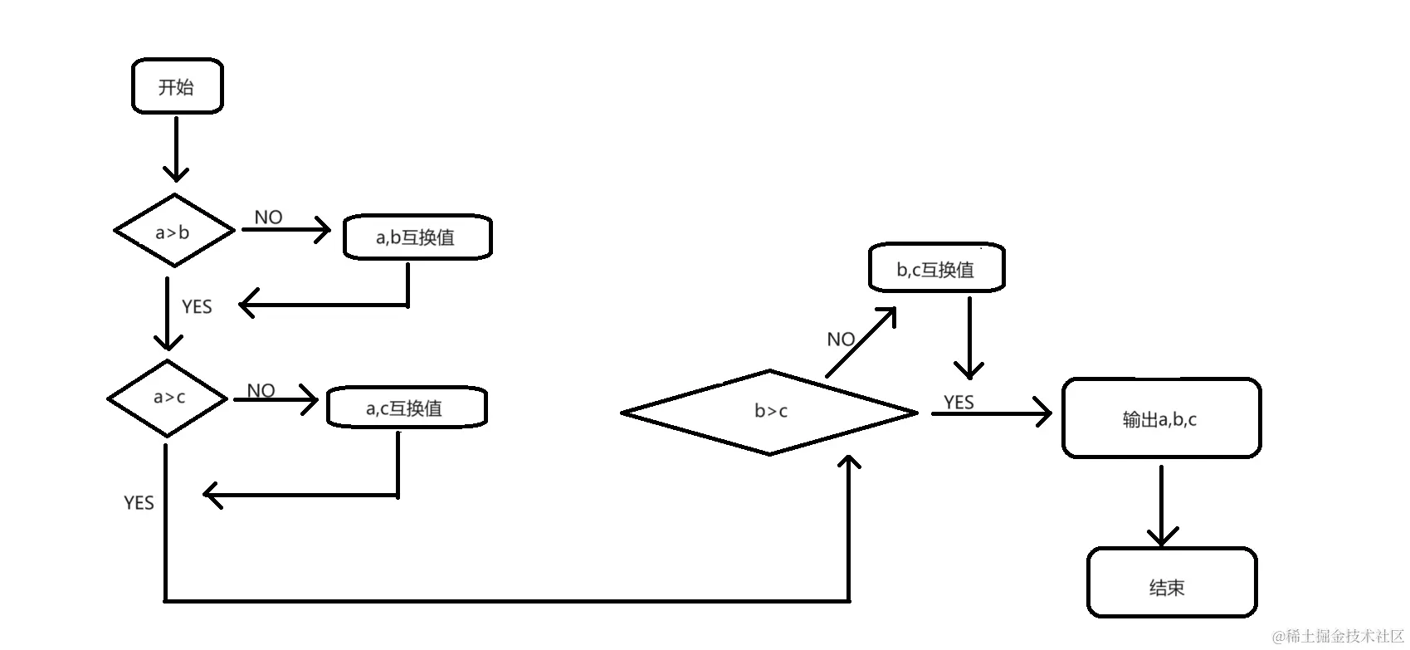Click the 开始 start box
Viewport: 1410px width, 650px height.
click(177, 86)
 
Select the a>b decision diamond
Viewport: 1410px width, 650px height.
click(173, 231)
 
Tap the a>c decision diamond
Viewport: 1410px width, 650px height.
click(168, 398)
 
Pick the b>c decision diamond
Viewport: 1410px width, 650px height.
click(769, 412)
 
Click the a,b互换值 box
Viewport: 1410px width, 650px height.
click(417, 238)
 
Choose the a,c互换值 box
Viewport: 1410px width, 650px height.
click(406, 408)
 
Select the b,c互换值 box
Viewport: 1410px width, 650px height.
click(936, 269)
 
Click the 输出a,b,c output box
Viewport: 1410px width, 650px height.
click(1160, 418)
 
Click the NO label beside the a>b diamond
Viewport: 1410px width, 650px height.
click(268, 217)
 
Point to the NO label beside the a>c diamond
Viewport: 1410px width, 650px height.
click(261, 390)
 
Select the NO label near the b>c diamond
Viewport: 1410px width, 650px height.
click(841, 339)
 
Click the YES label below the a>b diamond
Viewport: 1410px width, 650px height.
click(197, 306)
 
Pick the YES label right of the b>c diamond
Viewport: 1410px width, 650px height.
click(959, 403)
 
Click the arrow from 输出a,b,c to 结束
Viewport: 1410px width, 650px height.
click(1161, 504)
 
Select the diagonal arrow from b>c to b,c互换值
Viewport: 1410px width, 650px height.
click(861, 342)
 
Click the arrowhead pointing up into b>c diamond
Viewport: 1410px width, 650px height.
click(848, 462)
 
